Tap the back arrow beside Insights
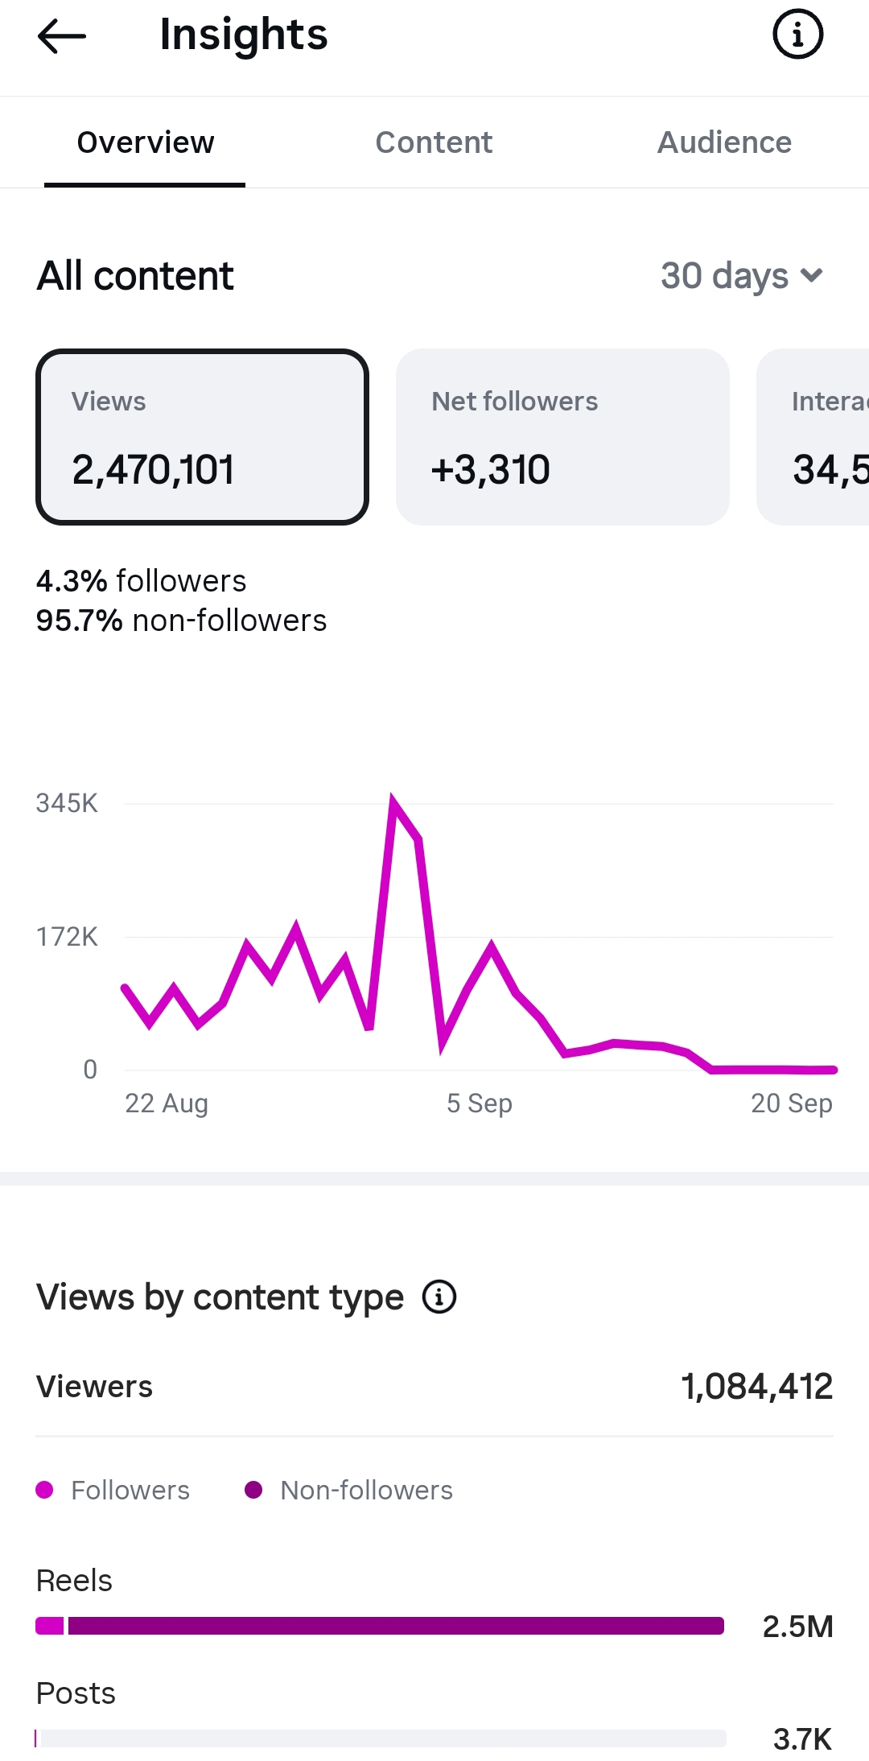tap(61, 35)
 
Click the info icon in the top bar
tap(797, 35)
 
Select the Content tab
tap(434, 142)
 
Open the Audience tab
tap(724, 142)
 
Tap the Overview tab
tap(146, 142)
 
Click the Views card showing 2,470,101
tap(202, 437)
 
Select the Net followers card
tap(562, 437)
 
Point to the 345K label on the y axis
tap(67, 803)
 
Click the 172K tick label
tap(67, 937)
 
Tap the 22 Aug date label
tap(167, 1103)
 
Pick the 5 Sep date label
tap(480, 1103)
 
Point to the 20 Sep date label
tap(792, 1103)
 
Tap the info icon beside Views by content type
tap(439, 1297)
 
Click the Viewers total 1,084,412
tap(757, 1387)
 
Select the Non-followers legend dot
tap(253, 1490)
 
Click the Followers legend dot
tap(45, 1490)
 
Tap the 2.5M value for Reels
tap(797, 1627)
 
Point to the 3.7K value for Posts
tap(802, 1739)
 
